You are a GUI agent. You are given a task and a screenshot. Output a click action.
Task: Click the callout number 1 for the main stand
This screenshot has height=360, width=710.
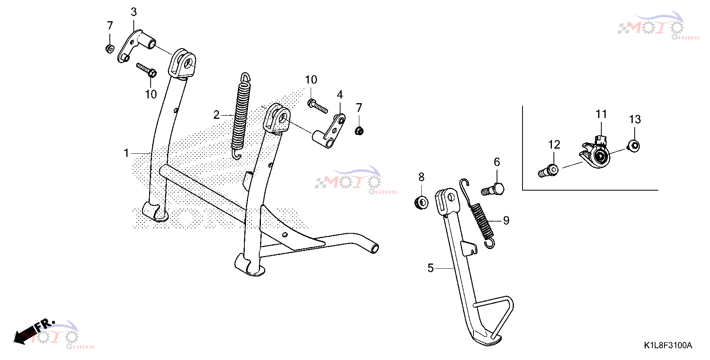pyautogui.click(x=126, y=153)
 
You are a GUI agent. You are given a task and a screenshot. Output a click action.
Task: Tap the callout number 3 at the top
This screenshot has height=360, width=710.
pyautogui.click(x=134, y=12)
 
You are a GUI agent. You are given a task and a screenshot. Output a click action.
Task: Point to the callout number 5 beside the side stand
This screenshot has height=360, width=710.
pyautogui.click(x=430, y=268)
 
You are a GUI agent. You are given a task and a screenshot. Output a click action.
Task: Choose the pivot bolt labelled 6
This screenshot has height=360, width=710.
pyautogui.click(x=493, y=190)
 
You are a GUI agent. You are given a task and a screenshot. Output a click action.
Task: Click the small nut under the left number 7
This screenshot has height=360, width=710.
pyautogui.click(x=110, y=49)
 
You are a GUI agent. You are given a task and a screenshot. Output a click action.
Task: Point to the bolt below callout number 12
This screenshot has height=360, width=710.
pyautogui.click(x=548, y=171)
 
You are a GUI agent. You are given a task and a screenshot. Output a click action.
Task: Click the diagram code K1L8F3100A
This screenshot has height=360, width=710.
pyautogui.click(x=668, y=345)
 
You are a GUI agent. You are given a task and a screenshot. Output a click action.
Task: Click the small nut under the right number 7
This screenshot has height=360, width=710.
pyautogui.click(x=359, y=131)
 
